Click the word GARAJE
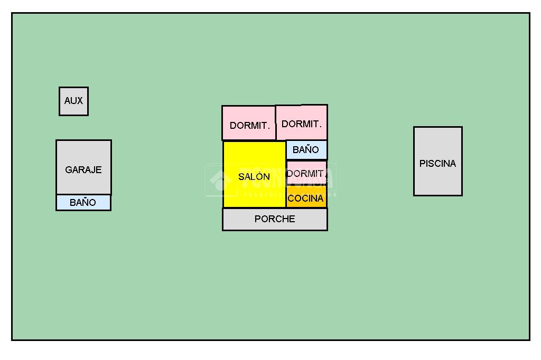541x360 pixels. pyautogui.click(x=83, y=170)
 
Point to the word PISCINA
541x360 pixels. pyautogui.click(x=437, y=164)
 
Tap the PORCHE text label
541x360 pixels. pyautogui.click(x=275, y=219)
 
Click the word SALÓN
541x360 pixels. pyautogui.click(x=254, y=177)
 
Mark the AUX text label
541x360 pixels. pyautogui.click(x=73, y=100)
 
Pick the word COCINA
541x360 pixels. pyautogui.click(x=306, y=198)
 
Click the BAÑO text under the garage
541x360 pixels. pyautogui.click(x=83, y=203)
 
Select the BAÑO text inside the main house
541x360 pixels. pyautogui.click(x=306, y=150)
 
